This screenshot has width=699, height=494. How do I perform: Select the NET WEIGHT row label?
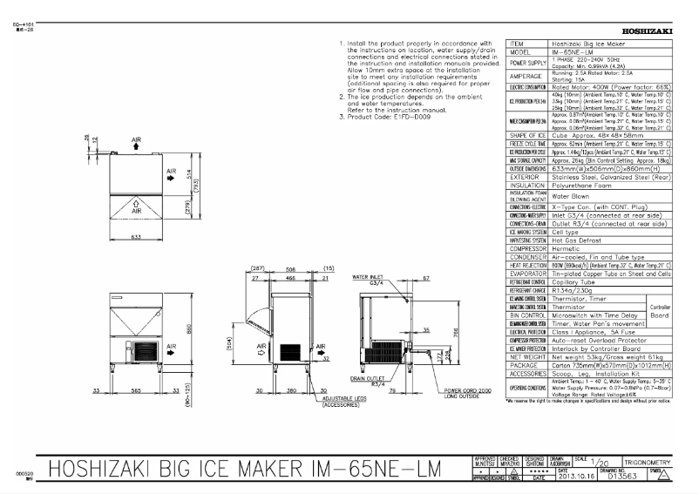click(x=527, y=356)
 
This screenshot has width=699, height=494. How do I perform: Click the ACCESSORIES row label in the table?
click(x=527, y=374)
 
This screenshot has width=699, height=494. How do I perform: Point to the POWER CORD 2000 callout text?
click(x=470, y=392)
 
